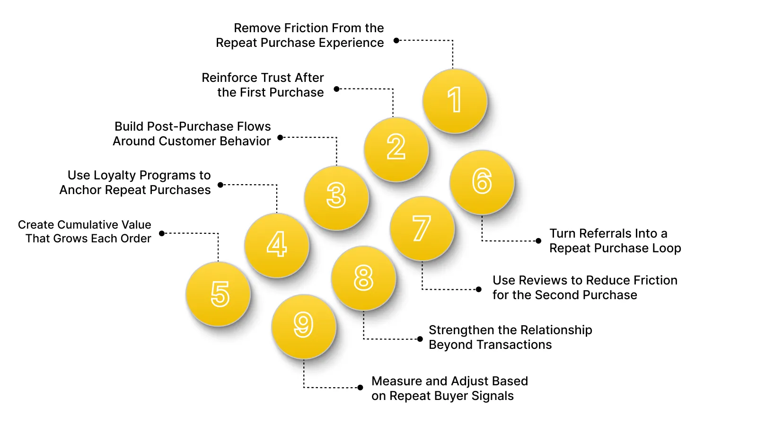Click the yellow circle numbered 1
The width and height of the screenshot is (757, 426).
tap(455, 101)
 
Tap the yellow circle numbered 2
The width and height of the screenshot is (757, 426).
tap(396, 149)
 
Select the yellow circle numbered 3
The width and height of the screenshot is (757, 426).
tap(336, 197)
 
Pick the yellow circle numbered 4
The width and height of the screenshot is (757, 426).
tap(277, 245)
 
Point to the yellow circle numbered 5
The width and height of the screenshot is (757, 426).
tap(218, 293)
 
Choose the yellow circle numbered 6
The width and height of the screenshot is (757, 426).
tap(482, 182)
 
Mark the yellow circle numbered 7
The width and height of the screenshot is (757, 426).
tap(422, 229)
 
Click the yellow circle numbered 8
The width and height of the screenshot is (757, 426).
tap(363, 278)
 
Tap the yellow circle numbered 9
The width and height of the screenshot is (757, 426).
tap(304, 326)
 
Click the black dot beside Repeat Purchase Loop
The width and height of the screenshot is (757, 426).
tap(538, 241)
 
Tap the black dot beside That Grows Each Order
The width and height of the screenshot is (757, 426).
tap(162, 233)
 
